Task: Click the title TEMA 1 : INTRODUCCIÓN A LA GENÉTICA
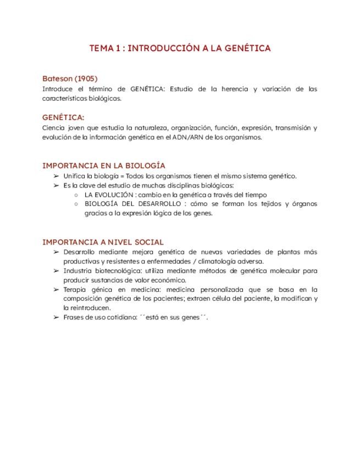tap(180, 48)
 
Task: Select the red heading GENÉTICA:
tap(63, 118)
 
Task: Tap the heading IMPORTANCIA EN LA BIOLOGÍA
tap(104, 165)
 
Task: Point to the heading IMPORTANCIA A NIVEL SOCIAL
tap(103, 242)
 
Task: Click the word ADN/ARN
tap(185, 137)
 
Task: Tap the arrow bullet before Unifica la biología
tap(56, 176)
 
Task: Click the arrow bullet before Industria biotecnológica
tap(56, 271)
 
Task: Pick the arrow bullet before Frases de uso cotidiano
tap(56, 318)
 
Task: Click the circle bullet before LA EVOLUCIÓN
tap(76, 195)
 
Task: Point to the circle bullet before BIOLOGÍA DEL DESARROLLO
tap(76, 204)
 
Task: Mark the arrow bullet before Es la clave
tap(56, 185)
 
